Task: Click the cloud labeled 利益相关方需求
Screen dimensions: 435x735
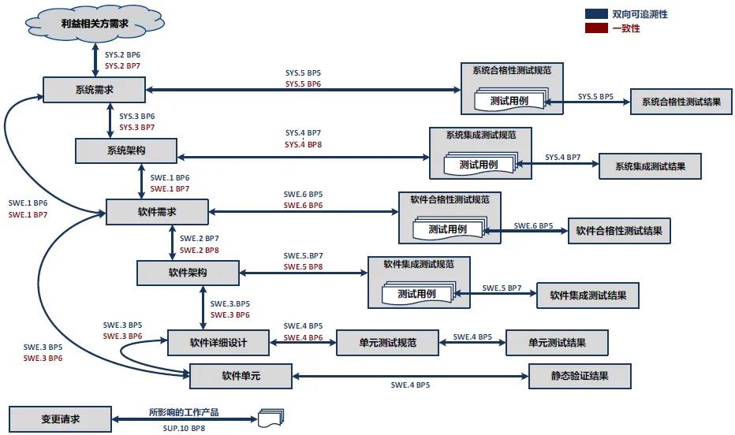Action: tap(94, 23)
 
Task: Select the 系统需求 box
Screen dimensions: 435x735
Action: tap(94, 90)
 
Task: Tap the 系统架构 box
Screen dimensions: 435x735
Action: tap(125, 150)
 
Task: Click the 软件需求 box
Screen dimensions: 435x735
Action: tap(157, 211)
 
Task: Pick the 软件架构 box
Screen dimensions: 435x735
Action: tap(188, 273)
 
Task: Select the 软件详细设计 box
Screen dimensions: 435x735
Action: tap(218, 342)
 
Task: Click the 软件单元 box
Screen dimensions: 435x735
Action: tap(241, 376)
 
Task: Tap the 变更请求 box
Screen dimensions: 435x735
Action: tap(60, 418)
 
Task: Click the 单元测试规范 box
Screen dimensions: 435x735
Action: tap(387, 342)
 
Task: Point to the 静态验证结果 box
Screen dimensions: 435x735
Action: tap(580, 376)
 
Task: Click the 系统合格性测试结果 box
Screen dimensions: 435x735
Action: tap(681, 102)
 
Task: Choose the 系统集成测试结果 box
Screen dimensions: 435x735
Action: tap(649, 166)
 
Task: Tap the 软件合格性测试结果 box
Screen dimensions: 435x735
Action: tap(618, 231)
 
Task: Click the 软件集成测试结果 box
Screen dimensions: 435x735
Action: tap(588, 296)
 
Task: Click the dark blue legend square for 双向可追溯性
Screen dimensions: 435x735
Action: tap(596, 14)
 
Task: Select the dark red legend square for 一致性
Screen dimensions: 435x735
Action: tap(596, 28)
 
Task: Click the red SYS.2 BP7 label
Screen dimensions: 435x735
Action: tap(122, 66)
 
